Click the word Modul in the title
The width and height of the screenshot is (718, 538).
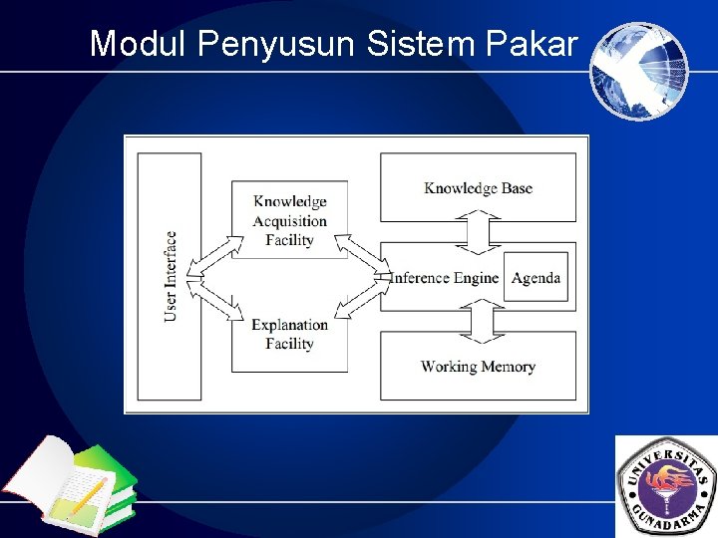(x=139, y=44)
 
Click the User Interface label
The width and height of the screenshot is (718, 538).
(x=171, y=276)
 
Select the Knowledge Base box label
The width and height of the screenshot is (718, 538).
(x=478, y=187)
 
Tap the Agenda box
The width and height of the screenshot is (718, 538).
(x=536, y=278)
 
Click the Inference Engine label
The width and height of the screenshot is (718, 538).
(x=444, y=278)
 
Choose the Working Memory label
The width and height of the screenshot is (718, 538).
(x=478, y=367)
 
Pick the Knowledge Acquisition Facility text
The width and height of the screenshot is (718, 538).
(x=289, y=220)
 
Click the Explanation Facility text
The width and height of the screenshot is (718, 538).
(x=289, y=334)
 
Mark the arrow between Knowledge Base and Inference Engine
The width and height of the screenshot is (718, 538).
(x=478, y=234)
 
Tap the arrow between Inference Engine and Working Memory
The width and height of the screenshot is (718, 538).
(x=478, y=321)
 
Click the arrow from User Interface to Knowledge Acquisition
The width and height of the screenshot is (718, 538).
(x=218, y=254)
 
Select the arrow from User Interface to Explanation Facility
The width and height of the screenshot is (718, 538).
(x=217, y=302)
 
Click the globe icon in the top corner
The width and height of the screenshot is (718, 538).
(x=638, y=71)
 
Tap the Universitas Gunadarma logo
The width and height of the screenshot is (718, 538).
(x=666, y=486)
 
